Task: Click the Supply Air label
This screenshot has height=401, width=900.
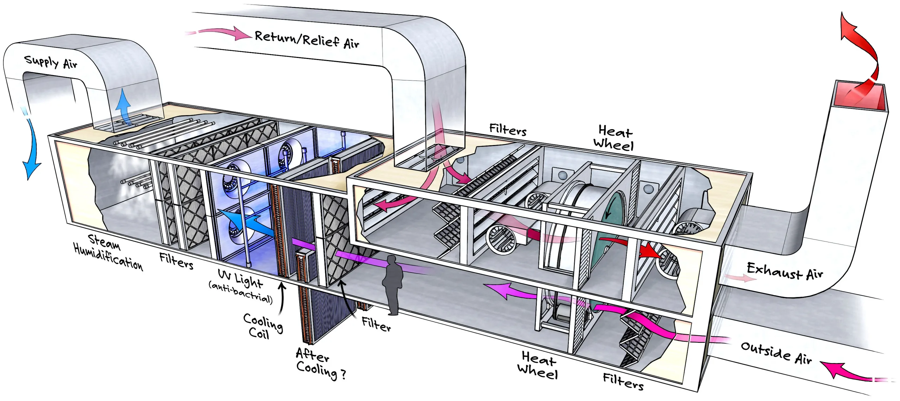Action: [x=50, y=63]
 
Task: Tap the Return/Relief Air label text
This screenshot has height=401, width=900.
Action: [x=307, y=39]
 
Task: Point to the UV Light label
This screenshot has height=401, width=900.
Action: [x=240, y=277]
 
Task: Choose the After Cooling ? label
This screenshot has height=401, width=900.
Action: [x=320, y=364]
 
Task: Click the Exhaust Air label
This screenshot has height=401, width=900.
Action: [x=785, y=271]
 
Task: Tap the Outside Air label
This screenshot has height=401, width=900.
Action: [x=776, y=352]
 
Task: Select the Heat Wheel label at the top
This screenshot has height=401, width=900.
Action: [x=614, y=138]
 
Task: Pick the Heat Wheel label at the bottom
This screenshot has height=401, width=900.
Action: [x=538, y=365]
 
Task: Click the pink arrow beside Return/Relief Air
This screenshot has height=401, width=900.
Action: [x=221, y=33]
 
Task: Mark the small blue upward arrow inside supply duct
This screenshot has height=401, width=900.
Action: [x=123, y=104]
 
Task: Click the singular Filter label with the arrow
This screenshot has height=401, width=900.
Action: [x=376, y=324]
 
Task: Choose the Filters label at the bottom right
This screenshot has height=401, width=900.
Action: [x=623, y=381]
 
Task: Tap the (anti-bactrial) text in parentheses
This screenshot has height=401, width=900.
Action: [x=241, y=292]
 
